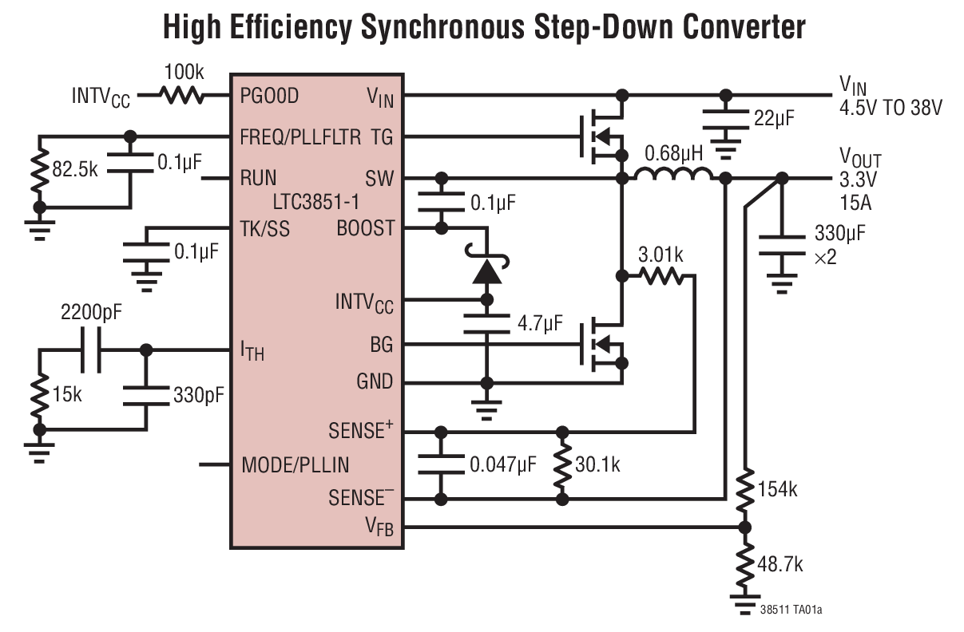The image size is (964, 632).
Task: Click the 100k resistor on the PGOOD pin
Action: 182,96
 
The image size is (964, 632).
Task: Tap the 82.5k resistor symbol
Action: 37,172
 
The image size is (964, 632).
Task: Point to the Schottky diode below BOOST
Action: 486,269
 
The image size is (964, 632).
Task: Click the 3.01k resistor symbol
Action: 661,276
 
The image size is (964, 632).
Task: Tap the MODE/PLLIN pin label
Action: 295,464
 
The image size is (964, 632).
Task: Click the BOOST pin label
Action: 365,228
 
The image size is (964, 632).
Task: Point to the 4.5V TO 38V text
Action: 890,109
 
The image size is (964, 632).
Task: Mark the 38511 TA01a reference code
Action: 792,610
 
